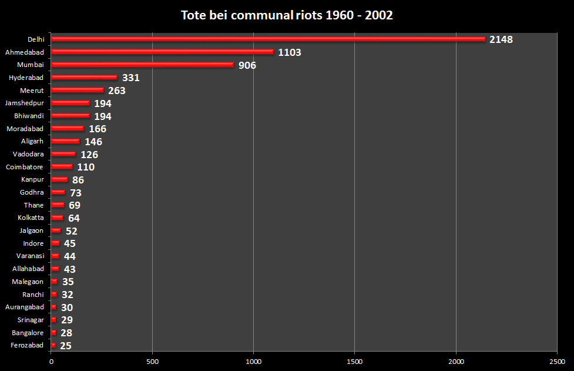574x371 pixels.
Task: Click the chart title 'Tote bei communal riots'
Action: coord(287,15)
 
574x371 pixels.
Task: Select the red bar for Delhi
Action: coord(268,39)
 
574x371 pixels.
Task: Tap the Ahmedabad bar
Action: coord(163,52)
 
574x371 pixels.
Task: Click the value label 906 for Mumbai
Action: coord(247,65)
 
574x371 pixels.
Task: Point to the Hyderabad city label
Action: coord(26,78)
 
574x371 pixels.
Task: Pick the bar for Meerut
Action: coord(78,91)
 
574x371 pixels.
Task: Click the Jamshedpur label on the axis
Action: coord(24,103)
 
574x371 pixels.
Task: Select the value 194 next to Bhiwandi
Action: coord(103,116)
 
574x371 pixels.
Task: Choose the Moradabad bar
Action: coord(68,129)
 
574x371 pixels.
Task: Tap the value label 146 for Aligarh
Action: coord(93,142)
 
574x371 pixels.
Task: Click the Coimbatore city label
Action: coord(24,167)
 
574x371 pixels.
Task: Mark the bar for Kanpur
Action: coord(59,180)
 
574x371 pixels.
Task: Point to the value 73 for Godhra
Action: coord(75,193)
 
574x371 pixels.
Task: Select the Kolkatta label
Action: coord(31,218)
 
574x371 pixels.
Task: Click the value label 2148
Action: coord(501,39)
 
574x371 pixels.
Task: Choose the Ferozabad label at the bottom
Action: coord(27,346)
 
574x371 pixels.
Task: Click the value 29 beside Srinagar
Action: coord(67,320)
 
